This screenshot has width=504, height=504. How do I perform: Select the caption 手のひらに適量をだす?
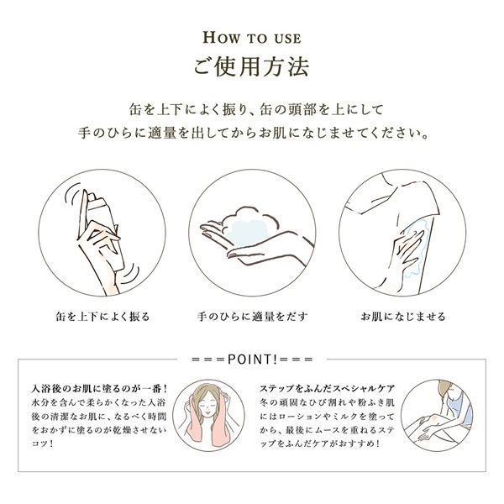(252, 317)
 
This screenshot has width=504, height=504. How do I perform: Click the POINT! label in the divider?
(252, 359)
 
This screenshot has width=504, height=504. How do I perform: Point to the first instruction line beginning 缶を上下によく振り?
(252, 108)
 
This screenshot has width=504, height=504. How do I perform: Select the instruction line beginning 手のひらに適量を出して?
(252, 134)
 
